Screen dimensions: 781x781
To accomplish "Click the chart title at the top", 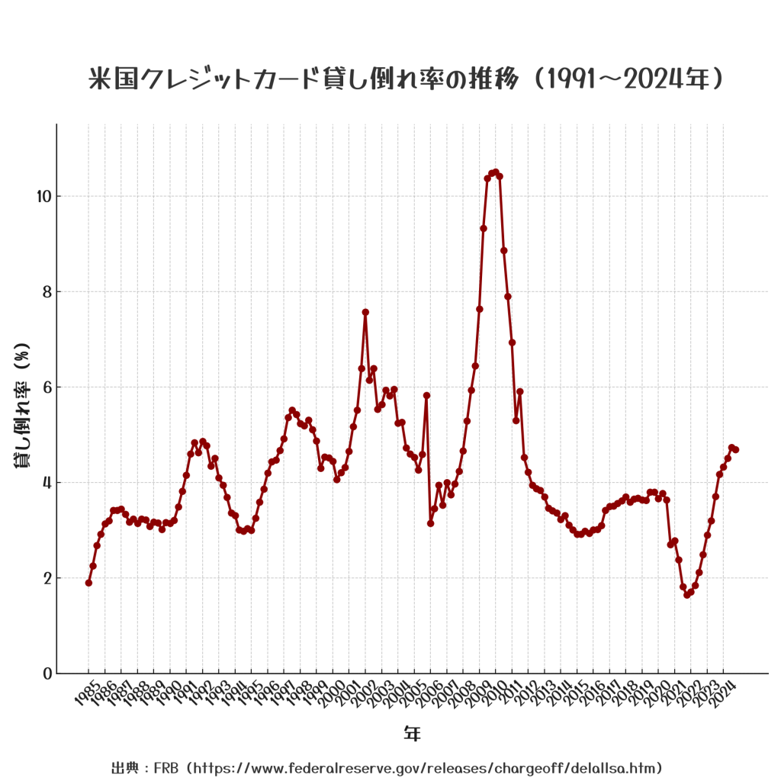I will pos(406,79).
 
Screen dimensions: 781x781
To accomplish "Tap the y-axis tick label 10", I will pos(43,197).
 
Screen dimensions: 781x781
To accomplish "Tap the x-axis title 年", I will pos(412,734).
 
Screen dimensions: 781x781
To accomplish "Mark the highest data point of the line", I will pos(496,172).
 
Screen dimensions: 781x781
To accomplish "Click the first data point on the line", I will pos(88,583).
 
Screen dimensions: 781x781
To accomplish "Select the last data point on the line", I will pos(735,449).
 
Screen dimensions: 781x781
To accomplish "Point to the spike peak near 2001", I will pos(365,312).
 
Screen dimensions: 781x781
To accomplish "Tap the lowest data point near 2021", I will pos(687,594).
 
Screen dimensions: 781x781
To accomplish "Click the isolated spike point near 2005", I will pos(426,395).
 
